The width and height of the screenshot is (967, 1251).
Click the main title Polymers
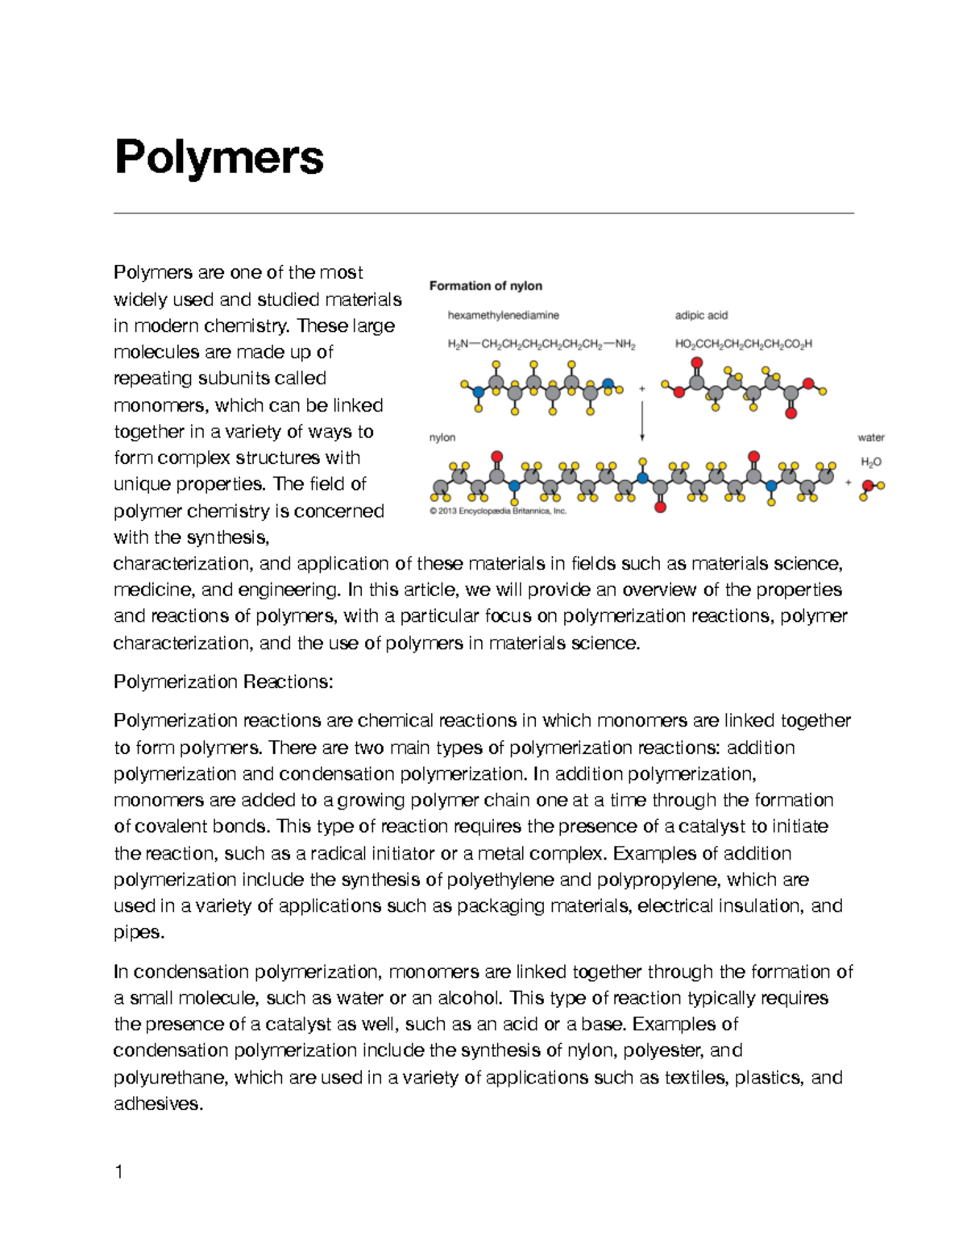coord(219,158)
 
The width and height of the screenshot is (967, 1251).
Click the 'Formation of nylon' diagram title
coord(485,286)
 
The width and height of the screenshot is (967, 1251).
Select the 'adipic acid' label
coord(701,315)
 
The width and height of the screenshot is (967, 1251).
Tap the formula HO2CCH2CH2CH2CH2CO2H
coord(743,344)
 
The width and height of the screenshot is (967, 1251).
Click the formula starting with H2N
coord(541,344)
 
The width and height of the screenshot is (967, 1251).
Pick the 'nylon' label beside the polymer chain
coord(442,437)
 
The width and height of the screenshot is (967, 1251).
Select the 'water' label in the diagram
coord(871,437)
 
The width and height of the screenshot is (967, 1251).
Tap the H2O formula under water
coord(871,462)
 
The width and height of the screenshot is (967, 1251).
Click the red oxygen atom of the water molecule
coord(869,486)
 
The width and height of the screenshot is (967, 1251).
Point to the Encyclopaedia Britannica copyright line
coord(498,511)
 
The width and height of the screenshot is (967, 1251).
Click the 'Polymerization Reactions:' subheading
coord(223,682)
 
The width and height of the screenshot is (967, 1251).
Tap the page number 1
coord(118,1172)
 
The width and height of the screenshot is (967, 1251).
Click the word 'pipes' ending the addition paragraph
coord(137,933)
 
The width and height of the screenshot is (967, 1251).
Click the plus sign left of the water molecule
coord(848,483)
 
